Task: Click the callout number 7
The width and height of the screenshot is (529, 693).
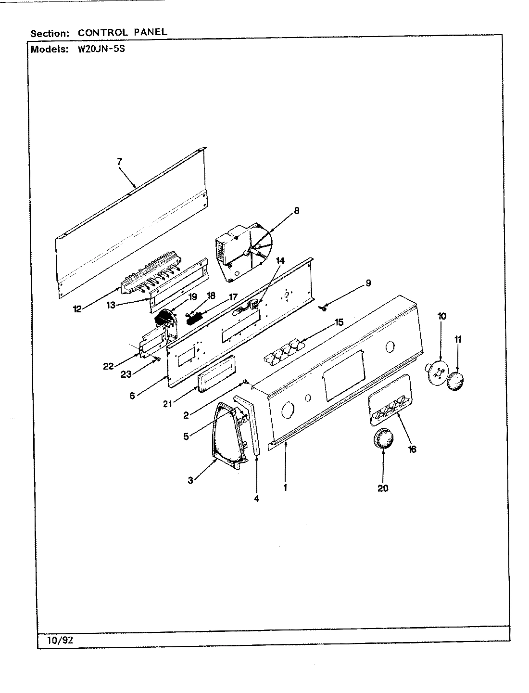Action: pos(119,162)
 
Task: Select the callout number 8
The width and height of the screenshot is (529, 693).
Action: pos(296,210)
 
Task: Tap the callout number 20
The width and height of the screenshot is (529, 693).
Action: pos(383,488)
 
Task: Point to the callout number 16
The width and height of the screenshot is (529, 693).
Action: pos(412,449)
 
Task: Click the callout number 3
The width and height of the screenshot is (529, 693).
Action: pos(190,480)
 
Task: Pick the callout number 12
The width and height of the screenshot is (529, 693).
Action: pos(77,309)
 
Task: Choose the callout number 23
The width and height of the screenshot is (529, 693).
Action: pos(126,374)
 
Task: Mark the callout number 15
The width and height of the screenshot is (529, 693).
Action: pos(339,322)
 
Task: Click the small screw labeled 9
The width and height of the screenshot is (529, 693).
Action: pos(324,307)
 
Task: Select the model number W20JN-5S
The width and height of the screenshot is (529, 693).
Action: pos(101,49)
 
